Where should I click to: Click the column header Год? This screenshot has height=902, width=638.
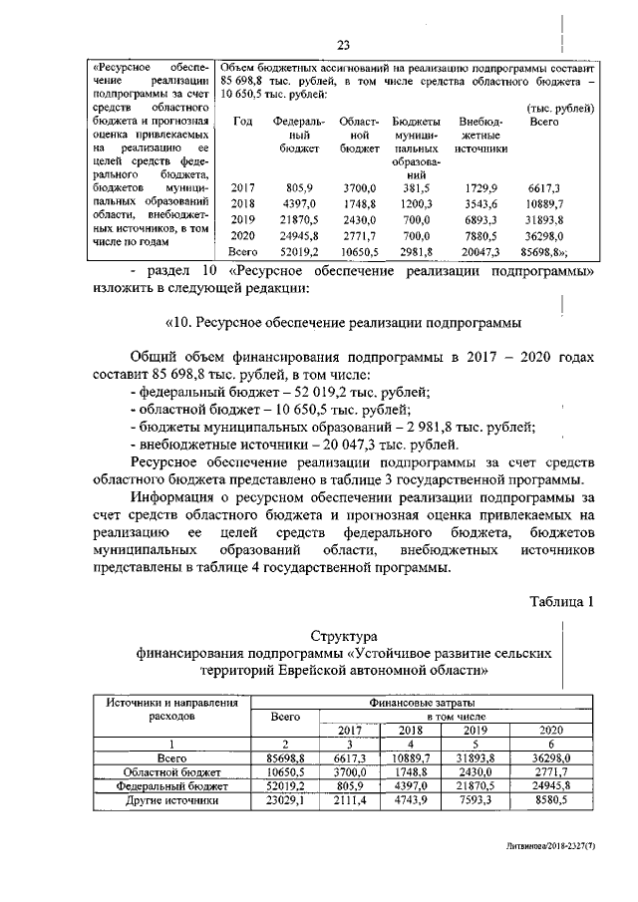(241, 122)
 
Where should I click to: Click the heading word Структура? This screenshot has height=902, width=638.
(343, 635)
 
